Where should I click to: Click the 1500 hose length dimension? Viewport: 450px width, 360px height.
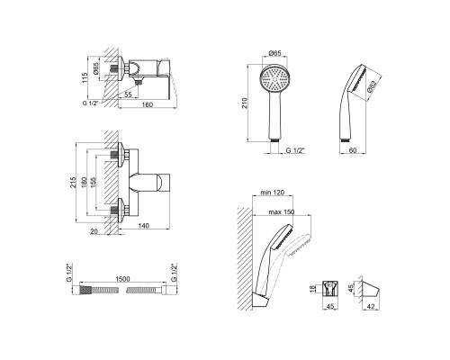(x=122, y=279)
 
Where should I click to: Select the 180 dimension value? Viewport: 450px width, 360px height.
(x=85, y=183)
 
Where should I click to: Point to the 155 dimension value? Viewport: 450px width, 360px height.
(x=94, y=183)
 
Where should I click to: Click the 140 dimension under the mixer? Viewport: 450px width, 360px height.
(x=144, y=226)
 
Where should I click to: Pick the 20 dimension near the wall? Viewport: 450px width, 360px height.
(x=94, y=231)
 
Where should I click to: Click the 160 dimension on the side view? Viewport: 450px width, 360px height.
(x=147, y=104)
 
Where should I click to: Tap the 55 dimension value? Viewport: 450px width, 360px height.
(x=128, y=94)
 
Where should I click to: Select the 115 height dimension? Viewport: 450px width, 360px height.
(x=85, y=77)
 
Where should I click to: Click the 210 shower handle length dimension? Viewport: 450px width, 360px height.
(x=245, y=103)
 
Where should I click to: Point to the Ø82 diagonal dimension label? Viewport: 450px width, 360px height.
(x=372, y=86)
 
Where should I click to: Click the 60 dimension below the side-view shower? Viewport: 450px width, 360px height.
(x=353, y=150)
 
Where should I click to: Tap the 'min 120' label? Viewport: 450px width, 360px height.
(x=272, y=193)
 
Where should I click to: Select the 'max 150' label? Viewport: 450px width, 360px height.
(x=282, y=212)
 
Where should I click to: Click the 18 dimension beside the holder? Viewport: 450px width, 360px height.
(x=312, y=289)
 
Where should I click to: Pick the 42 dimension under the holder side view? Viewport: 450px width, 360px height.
(x=371, y=306)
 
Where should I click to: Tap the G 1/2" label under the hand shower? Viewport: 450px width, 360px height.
(x=295, y=150)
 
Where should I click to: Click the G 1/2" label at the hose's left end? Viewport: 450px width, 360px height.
(x=69, y=273)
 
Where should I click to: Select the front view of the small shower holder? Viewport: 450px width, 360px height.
(x=330, y=289)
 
